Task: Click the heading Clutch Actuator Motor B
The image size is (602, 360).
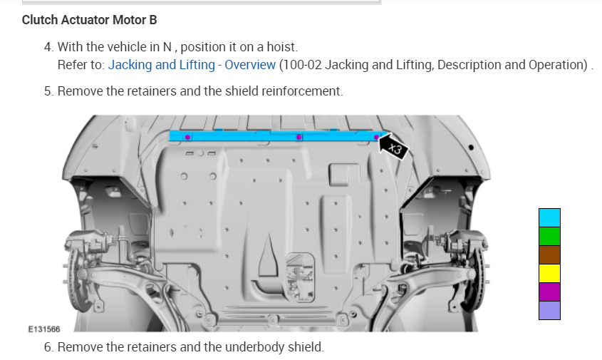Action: (89, 20)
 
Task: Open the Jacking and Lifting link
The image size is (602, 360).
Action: (161, 65)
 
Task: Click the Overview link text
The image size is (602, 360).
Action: (250, 65)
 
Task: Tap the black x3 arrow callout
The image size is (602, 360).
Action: (394, 147)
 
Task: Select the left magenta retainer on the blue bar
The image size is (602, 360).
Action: (187, 136)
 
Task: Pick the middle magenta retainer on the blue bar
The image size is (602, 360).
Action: (299, 136)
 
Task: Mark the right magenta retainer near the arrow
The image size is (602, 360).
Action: (376, 136)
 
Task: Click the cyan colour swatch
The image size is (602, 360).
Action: (549, 217)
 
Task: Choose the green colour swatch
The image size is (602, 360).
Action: (549, 236)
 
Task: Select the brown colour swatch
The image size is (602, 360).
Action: (549, 254)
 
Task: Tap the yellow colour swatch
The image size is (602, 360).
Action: (549, 273)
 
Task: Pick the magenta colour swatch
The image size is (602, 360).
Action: (549, 292)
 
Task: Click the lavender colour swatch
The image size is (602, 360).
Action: (549, 310)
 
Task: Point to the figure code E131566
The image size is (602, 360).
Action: (44, 329)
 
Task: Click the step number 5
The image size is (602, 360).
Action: (48, 91)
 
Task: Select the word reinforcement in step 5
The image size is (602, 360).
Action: (302, 91)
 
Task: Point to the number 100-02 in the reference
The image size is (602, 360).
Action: (303, 65)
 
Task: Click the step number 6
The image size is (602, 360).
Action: (48, 347)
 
